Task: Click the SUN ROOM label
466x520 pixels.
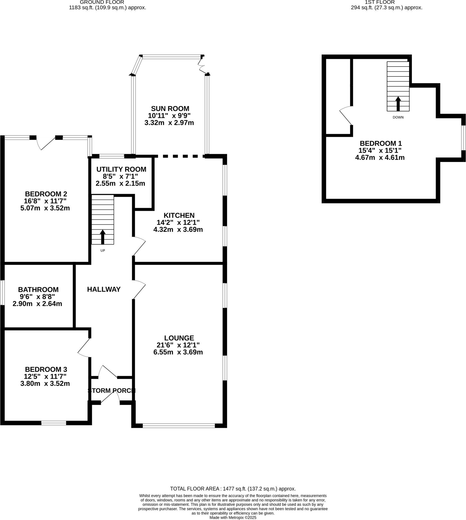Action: click(170, 109)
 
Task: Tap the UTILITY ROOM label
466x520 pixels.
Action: click(121, 169)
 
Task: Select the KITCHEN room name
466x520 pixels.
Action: click(179, 215)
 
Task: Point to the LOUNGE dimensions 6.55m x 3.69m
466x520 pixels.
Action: click(178, 352)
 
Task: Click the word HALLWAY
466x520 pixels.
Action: click(104, 289)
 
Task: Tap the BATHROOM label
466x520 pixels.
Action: click(38, 289)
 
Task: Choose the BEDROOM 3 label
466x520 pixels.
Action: click(46, 369)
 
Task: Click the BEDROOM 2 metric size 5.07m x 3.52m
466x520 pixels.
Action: click(45, 208)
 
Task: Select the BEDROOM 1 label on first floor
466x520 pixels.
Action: click(380, 143)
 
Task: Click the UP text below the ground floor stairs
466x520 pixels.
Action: click(103, 250)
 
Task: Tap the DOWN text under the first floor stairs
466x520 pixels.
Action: click(398, 117)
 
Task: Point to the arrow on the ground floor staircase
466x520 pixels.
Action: click(103, 237)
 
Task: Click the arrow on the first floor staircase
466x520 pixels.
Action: click(398, 103)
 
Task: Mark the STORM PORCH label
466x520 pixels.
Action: click(111, 391)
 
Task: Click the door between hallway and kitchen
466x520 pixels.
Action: click(139, 246)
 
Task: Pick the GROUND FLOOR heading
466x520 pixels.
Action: click(102, 2)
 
